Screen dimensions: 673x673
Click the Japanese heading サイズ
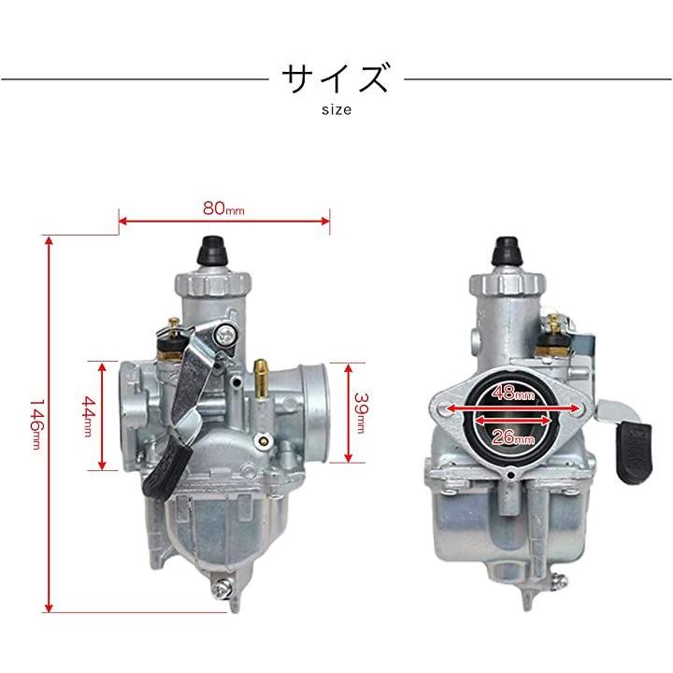(336, 78)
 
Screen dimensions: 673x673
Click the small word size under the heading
(336, 110)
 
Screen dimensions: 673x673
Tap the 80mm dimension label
(223, 208)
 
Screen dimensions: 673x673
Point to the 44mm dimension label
(88, 416)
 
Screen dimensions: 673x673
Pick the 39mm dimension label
(361, 412)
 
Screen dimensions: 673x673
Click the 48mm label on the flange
(513, 393)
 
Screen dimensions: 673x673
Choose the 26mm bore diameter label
(513, 437)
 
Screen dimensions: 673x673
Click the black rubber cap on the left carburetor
(211, 251)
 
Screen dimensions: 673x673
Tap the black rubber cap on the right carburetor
(508, 252)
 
